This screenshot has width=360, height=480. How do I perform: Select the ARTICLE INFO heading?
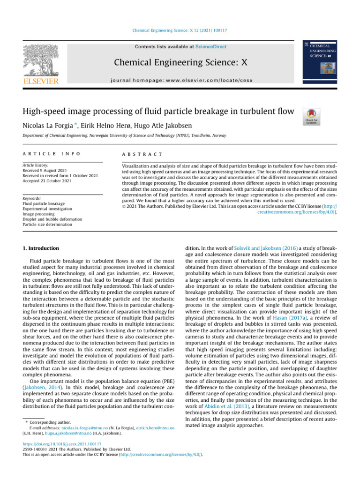coord(52,154)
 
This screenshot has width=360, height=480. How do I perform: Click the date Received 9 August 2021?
coord(45,171)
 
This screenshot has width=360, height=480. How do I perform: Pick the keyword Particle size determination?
coord(47,224)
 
